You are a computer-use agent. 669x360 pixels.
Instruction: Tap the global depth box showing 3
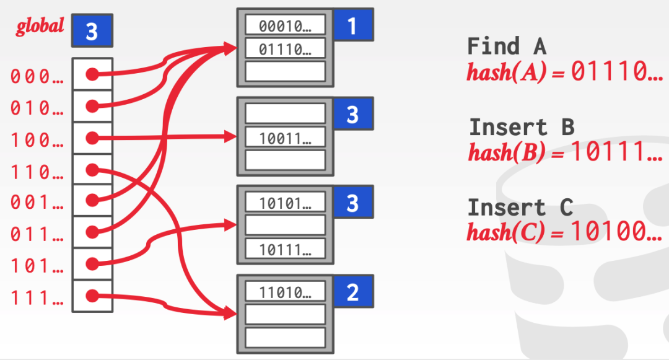92,31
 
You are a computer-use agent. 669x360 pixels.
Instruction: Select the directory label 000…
37,76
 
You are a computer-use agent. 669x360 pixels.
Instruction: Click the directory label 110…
37,171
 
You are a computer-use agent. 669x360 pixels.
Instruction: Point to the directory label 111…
37,299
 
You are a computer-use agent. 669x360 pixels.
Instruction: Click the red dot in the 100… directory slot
92,138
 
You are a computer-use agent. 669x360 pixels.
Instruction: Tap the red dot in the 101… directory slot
92,264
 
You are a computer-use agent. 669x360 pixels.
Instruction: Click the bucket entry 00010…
285,25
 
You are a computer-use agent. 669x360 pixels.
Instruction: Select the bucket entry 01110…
285,48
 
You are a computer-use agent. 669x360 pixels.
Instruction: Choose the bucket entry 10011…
285,137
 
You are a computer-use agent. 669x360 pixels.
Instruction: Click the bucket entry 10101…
285,202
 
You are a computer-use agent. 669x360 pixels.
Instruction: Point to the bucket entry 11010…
285,291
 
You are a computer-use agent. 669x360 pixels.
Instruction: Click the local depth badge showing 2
352,292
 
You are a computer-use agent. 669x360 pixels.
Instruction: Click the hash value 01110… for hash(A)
617,72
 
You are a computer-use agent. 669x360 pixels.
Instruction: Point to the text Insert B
522,127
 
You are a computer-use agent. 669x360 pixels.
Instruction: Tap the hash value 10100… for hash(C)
617,232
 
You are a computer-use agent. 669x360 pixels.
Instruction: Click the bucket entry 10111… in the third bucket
285,248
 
